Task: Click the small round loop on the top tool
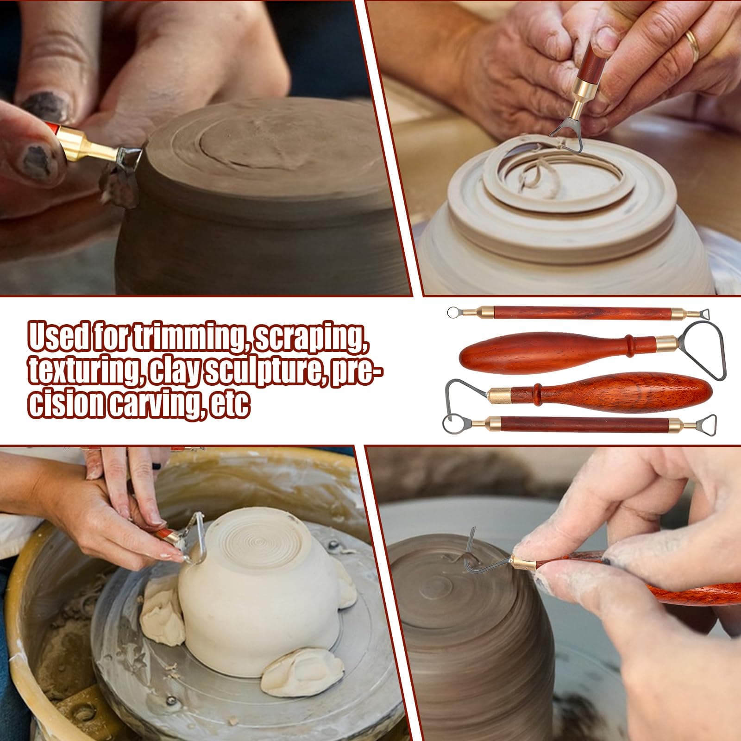[x=452, y=313]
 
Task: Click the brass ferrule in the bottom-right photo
[x=523, y=564]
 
